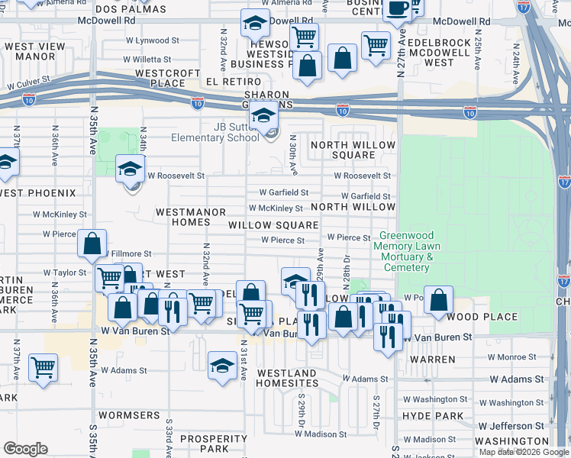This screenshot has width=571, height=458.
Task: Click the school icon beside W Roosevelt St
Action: click(x=130, y=169)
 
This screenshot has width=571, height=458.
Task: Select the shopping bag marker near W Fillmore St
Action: click(x=92, y=244)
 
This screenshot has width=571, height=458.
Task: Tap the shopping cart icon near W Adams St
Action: click(x=43, y=367)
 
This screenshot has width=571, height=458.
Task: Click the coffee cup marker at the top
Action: click(x=397, y=8)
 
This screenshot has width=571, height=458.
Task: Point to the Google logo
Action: click(x=25, y=449)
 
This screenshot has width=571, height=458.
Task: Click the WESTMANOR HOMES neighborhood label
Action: click(x=191, y=217)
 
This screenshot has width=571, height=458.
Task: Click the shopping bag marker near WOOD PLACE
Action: click(x=439, y=299)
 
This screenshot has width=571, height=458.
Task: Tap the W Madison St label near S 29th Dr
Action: click(x=320, y=434)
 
